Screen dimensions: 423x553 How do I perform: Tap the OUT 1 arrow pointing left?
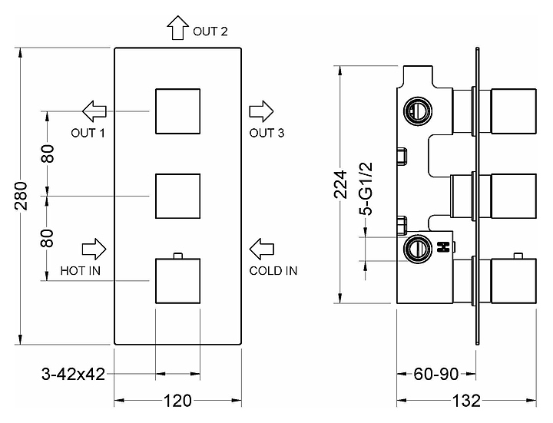pyautogui.click(x=95, y=111)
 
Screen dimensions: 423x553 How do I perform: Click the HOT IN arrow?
pyautogui.click(x=94, y=249)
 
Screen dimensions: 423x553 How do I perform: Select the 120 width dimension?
pyautogui.click(x=178, y=401)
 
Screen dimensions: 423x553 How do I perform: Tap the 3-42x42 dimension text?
pyautogui.click(x=74, y=375)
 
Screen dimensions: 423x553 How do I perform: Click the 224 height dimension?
pyautogui.click(x=340, y=184)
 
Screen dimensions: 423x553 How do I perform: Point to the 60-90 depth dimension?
pyautogui.click(x=435, y=375)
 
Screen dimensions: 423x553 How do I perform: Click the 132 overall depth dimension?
pyautogui.click(x=465, y=401)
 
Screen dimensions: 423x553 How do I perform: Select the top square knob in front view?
pyautogui.click(x=178, y=111)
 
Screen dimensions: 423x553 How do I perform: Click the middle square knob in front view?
pyautogui.click(x=178, y=197)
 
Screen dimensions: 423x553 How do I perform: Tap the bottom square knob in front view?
pyautogui.click(x=178, y=282)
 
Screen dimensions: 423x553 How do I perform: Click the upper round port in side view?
pyautogui.click(x=418, y=110)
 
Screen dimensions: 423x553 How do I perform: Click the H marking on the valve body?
pyautogui.click(x=442, y=248)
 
